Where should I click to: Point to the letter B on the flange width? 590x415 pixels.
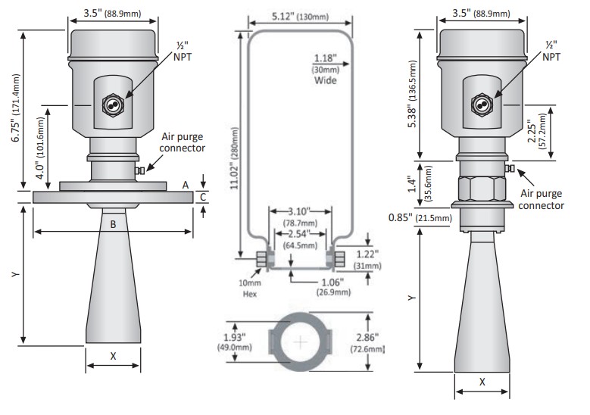pos(113,223)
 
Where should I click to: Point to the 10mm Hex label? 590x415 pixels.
pos(251,289)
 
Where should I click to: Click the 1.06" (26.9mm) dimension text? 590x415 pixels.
pos(330,286)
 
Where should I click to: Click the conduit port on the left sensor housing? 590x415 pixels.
pos(114,105)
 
